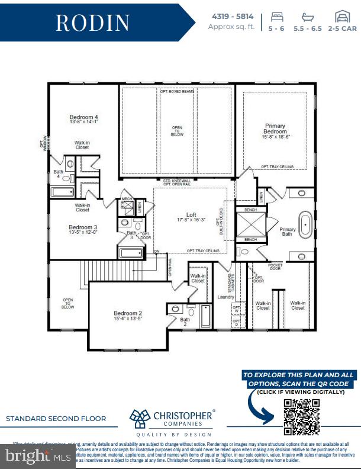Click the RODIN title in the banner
tap(93, 23)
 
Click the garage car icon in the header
tap(341, 16)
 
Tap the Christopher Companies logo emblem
tap(140, 417)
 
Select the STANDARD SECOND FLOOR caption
tap(56, 419)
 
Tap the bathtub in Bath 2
tap(205, 316)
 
